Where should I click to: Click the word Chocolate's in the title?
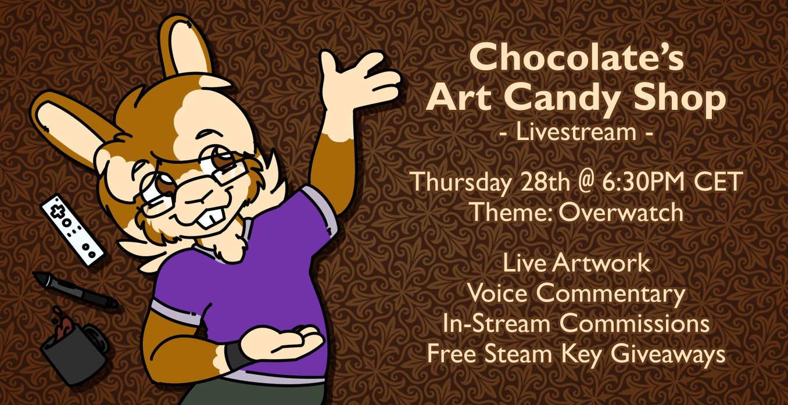(576, 57)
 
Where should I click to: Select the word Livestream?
(576, 132)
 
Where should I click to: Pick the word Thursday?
(461, 183)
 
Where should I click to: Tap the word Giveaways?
(668, 354)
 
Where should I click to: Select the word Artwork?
(601, 263)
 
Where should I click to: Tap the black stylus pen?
(76, 290)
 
